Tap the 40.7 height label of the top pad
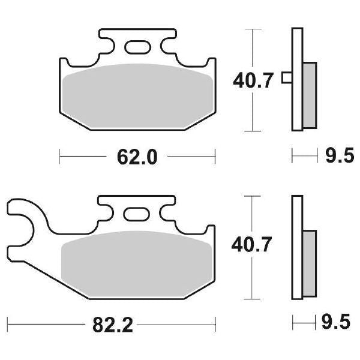point(253,79)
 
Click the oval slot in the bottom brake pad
point(136,214)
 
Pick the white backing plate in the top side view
point(296,45)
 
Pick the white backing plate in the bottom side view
point(296,216)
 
